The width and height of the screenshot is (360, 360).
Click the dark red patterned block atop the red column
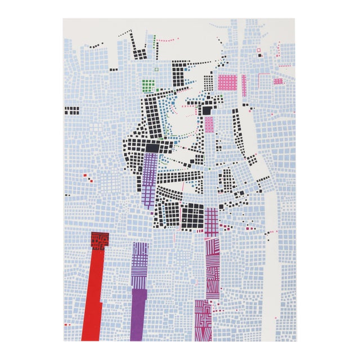pos(100,241)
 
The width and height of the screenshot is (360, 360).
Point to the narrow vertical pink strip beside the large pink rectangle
pos(244,84)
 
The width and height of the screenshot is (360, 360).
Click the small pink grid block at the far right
pos(278,81)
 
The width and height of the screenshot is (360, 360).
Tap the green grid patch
pos(148,85)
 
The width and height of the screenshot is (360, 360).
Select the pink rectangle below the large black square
pos(209,124)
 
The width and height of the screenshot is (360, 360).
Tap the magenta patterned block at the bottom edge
pos(203,321)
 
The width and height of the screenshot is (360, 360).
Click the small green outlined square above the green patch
pos(157,70)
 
